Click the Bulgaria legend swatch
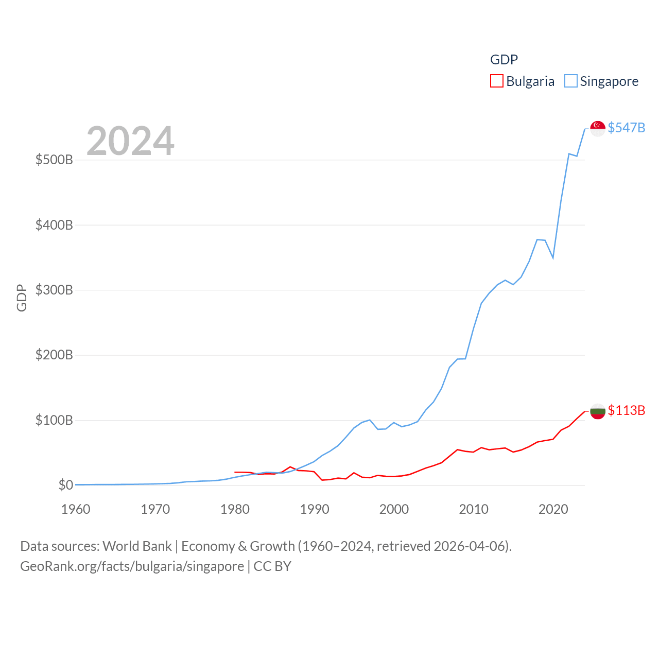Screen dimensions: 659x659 coord(496,81)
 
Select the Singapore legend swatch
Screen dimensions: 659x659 coord(570,81)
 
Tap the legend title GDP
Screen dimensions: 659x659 coord(504,60)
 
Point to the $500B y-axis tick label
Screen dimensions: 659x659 coord(54,160)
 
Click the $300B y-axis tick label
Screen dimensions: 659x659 coord(54,290)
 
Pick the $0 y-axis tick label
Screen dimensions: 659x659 coord(65,485)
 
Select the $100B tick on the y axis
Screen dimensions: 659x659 coord(54,420)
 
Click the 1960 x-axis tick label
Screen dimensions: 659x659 coord(76,509)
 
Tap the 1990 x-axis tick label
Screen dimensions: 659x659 coord(315,509)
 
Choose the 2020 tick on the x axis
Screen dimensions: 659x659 coord(553,509)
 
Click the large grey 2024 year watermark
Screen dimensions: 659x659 coord(130,141)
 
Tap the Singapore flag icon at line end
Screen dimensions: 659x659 coord(597,128)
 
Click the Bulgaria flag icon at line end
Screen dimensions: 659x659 coord(597,411)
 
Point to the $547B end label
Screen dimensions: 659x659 coord(626,128)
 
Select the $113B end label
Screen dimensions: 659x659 coord(626,410)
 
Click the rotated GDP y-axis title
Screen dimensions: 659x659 coord(22,298)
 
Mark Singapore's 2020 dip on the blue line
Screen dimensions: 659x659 coord(553,257)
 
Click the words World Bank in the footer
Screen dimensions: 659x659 coord(137,546)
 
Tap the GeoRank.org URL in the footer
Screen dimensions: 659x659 coord(132,566)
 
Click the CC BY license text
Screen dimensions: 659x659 coord(272,566)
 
